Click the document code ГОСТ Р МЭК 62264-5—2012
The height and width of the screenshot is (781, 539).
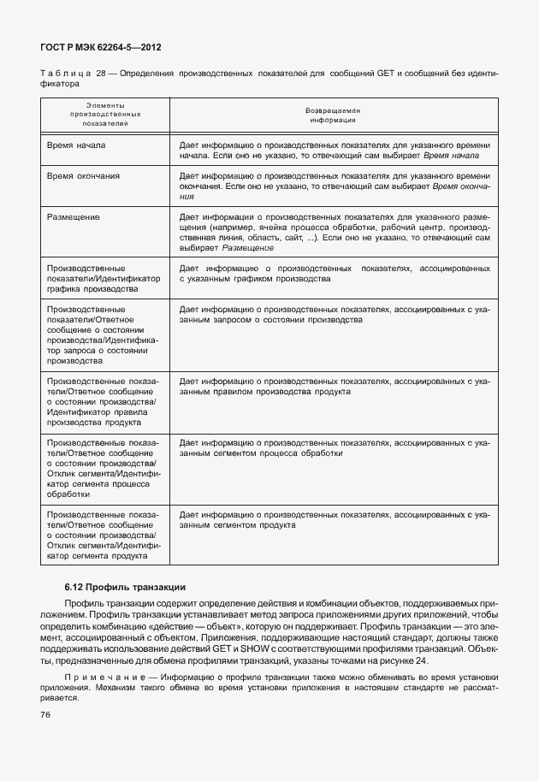(102, 47)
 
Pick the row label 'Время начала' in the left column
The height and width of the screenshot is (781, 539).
(77, 145)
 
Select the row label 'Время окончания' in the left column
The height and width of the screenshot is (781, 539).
(84, 175)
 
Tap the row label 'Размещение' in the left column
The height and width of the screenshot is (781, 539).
(74, 217)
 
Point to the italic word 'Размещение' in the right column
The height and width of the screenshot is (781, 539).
(248, 248)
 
